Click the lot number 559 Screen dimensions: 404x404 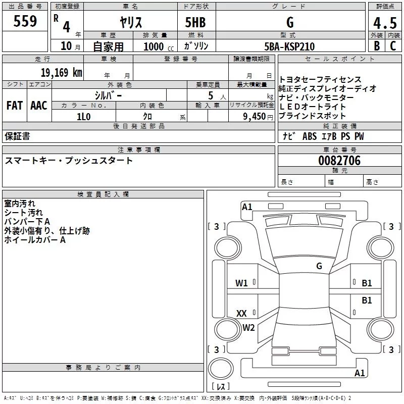pyautogui.click(x=25, y=21)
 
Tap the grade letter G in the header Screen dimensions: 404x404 pyautogui.click(x=289, y=22)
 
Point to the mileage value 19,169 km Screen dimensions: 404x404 pyautogui.click(x=61, y=73)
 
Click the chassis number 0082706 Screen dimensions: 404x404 pyautogui.click(x=339, y=161)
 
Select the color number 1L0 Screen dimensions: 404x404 pyautogui.click(x=84, y=116)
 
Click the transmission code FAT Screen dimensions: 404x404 pyautogui.click(x=15, y=106)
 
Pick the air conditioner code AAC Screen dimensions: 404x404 pyautogui.click(x=39, y=106)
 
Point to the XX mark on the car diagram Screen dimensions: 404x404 pyautogui.click(x=242, y=314)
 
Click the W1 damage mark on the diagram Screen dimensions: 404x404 pyautogui.click(x=242, y=283)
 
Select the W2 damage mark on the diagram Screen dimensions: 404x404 pyautogui.click(x=248, y=328)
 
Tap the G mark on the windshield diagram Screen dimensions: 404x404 pyautogui.click(x=319, y=266)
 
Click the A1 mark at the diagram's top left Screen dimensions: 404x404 pyautogui.click(x=247, y=207)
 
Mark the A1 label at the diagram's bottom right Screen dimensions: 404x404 pyautogui.click(x=360, y=373)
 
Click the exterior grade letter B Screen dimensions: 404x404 pyautogui.click(x=376, y=46)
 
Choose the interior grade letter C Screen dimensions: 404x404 pyautogui.click(x=393, y=46)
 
